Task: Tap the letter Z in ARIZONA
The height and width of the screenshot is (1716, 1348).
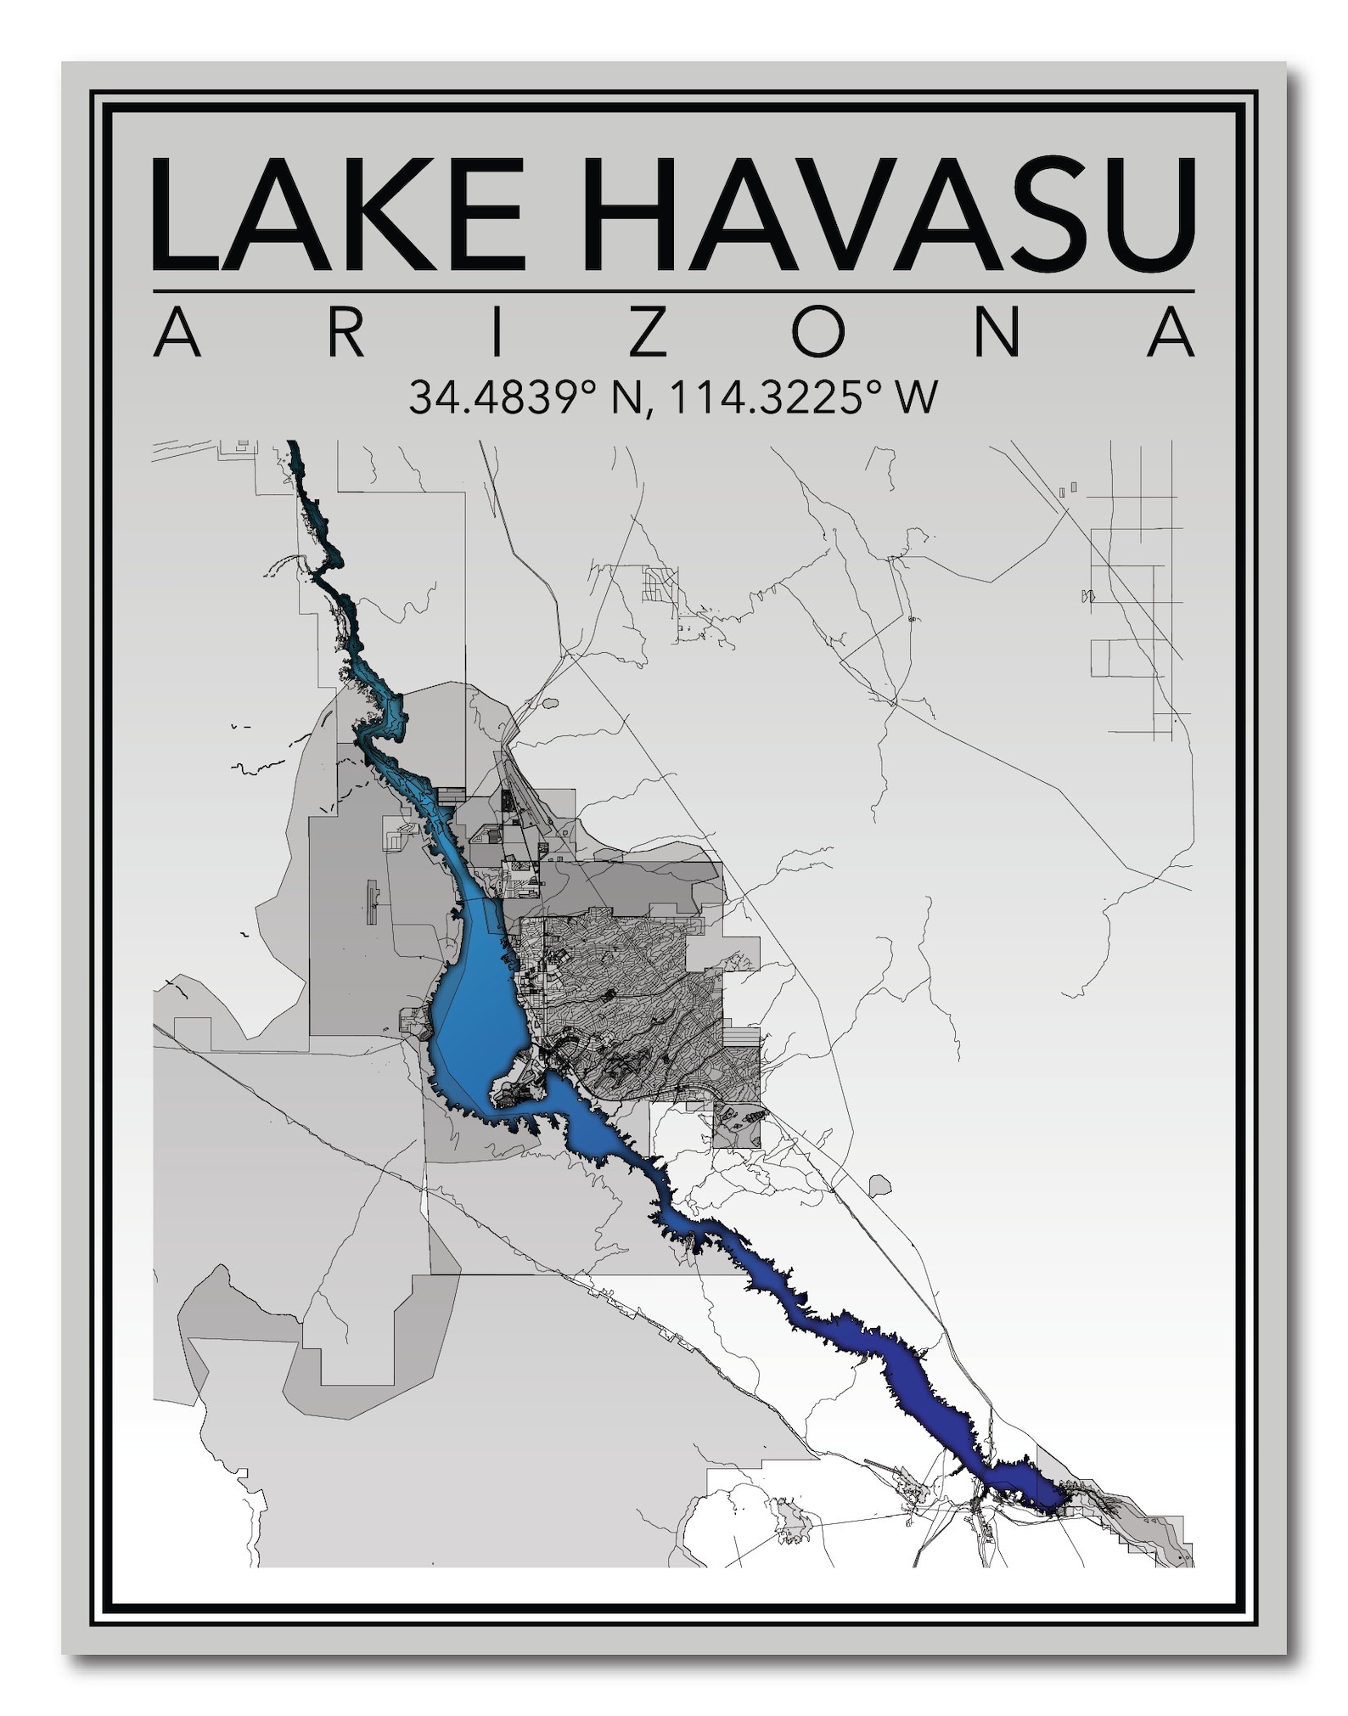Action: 647,334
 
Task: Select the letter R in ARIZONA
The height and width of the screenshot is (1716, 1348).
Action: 344,334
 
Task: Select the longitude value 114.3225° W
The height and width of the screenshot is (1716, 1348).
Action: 803,397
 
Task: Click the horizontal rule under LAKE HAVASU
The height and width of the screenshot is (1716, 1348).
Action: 673,291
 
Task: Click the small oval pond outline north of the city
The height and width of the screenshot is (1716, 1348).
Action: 550,703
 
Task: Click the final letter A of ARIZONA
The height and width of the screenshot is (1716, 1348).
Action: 1171,334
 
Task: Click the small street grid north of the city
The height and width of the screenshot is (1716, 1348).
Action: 660,584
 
